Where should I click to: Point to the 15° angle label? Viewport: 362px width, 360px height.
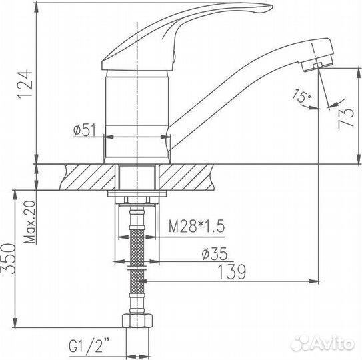301,97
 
